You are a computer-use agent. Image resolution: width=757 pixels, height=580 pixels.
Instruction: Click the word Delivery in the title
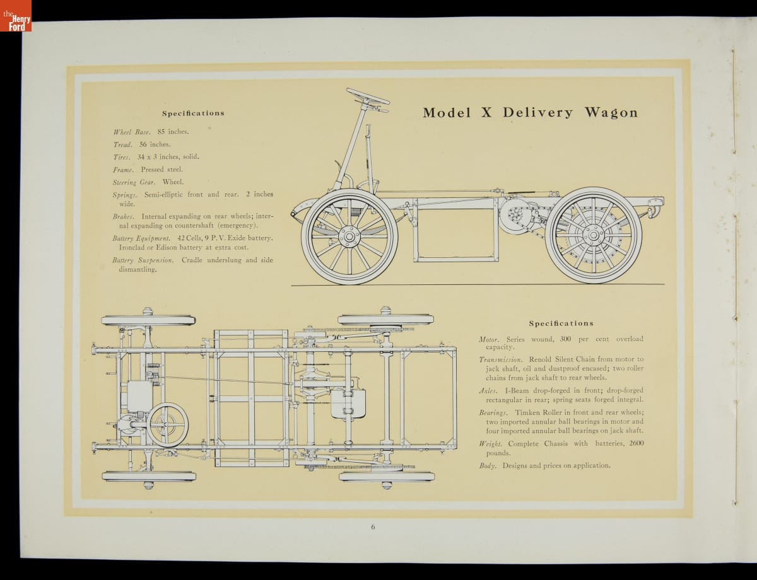tap(538, 113)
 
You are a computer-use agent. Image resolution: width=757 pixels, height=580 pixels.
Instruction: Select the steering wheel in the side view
tap(368, 96)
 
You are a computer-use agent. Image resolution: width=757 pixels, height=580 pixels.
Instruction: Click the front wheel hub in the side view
tap(349, 236)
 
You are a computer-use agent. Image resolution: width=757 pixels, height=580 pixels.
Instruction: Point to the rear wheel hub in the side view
tap(593, 235)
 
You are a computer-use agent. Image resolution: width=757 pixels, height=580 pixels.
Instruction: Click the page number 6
tap(373, 527)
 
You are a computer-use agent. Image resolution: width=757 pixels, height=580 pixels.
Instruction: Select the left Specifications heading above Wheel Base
tap(193, 113)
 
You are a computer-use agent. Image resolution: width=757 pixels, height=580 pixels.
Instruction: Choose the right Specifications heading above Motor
tap(561, 323)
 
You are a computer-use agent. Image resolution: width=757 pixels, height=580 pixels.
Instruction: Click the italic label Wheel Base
tap(132, 132)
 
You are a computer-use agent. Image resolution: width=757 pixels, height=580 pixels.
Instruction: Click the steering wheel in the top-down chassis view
tap(168, 425)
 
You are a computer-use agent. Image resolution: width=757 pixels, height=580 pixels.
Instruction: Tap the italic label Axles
tap(488, 391)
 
